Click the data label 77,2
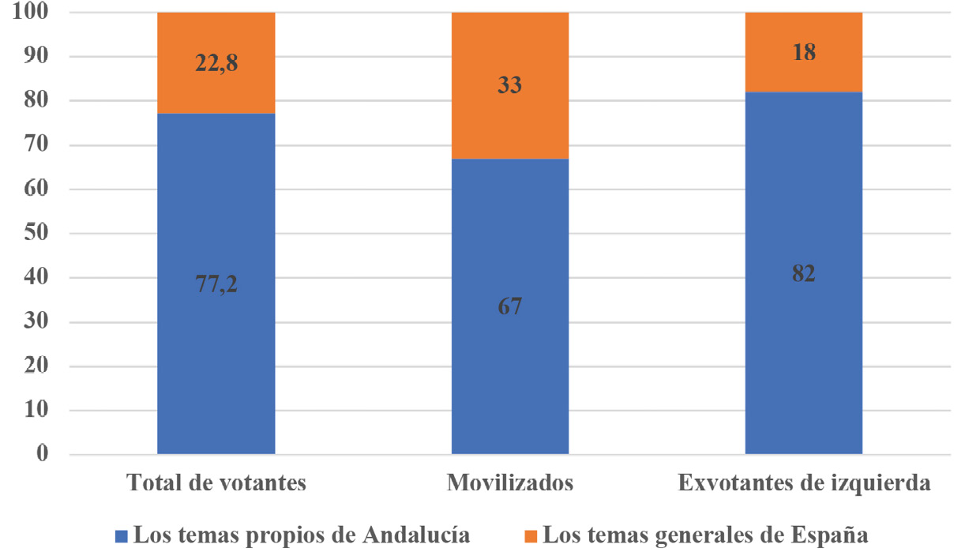216,285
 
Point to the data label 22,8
216,62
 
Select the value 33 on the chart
510,84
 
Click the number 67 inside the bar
510,306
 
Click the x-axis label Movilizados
510,483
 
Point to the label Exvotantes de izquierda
804,483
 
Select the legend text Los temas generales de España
700,535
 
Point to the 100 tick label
31,13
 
